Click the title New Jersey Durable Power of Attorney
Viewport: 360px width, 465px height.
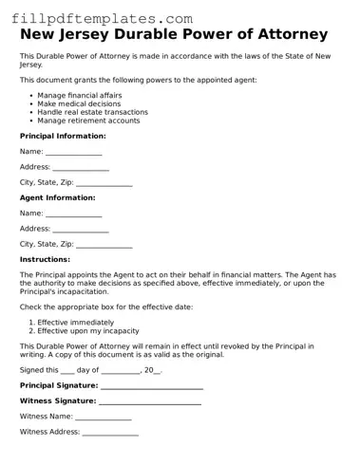click(x=174, y=35)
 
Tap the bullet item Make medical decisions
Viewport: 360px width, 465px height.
click(x=80, y=104)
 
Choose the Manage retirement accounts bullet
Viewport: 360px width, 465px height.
click(x=88, y=121)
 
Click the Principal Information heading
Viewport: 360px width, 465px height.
click(x=63, y=137)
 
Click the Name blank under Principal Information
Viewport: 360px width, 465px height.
click(x=73, y=153)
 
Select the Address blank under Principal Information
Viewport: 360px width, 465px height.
click(x=81, y=168)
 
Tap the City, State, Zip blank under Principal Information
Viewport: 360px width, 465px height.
click(x=104, y=183)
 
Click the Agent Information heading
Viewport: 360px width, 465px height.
click(x=58, y=198)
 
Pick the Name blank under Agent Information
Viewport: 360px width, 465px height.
click(x=73, y=214)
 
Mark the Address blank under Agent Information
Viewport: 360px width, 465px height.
click(x=81, y=230)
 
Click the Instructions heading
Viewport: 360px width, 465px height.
click(x=45, y=259)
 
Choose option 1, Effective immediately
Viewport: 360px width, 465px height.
click(x=76, y=323)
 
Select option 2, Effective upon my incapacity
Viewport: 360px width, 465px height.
click(x=88, y=331)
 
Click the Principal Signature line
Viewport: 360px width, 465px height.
click(x=152, y=387)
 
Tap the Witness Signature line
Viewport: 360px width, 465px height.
click(x=151, y=402)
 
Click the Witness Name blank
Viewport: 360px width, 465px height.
click(x=104, y=418)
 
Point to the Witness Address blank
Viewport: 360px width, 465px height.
click(x=110, y=433)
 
